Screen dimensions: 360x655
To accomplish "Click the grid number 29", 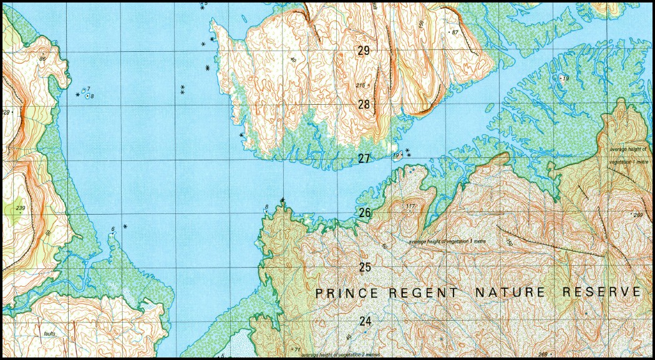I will [x=364, y=51].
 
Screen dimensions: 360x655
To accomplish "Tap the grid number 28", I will [x=364, y=104].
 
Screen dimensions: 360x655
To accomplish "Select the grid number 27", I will [x=364, y=158].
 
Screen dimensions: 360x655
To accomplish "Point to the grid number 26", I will [x=365, y=213].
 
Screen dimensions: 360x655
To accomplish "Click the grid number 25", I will [x=365, y=267].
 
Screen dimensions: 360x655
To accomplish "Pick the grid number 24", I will [x=366, y=321].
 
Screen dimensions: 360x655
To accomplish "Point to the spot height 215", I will [x=361, y=85].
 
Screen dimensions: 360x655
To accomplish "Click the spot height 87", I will [x=454, y=32].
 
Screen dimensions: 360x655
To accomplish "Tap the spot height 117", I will [x=410, y=207].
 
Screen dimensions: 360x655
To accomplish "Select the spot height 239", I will [x=21, y=208].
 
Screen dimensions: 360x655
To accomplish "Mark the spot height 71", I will [x=298, y=349].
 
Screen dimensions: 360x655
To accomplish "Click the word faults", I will [x=49, y=334].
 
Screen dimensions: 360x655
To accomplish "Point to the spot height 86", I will [x=42, y=59].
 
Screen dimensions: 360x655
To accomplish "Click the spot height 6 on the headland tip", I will [x=113, y=230].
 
